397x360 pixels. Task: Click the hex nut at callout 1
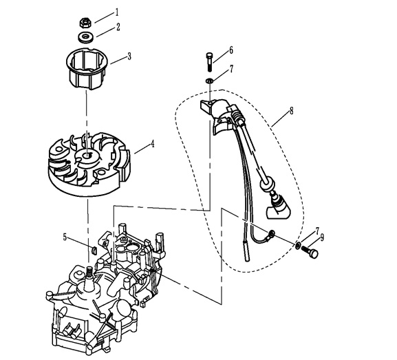[85, 23]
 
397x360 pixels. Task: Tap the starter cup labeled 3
[87, 68]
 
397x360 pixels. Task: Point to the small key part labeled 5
[94, 251]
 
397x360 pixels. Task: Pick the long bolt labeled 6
[209, 61]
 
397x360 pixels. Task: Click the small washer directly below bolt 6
[209, 81]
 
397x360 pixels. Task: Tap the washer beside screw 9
[298, 245]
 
